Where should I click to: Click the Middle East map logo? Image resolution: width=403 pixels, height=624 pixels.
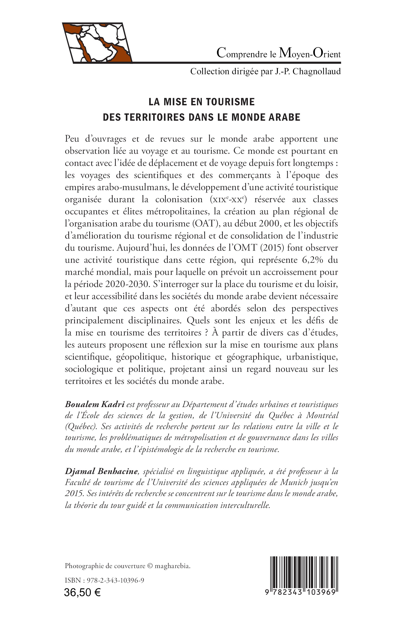(97, 43)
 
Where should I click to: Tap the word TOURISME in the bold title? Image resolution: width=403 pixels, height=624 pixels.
(230, 102)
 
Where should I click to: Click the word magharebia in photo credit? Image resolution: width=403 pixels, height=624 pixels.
(172, 566)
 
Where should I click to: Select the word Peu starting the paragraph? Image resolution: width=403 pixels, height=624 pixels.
(72, 139)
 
